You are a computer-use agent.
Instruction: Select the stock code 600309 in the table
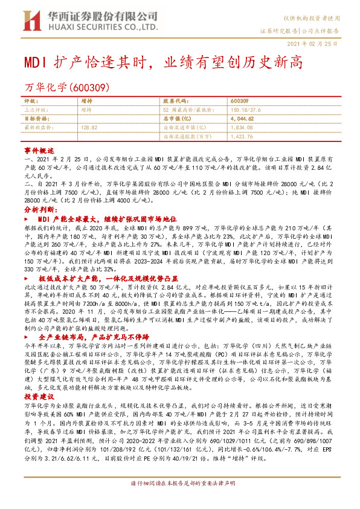[239, 100]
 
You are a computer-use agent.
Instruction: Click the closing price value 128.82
[89, 128]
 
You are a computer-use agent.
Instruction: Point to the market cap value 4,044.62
[242, 119]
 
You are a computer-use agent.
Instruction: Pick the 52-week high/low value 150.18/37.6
[244, 110]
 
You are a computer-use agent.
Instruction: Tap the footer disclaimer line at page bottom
[180, 501]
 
